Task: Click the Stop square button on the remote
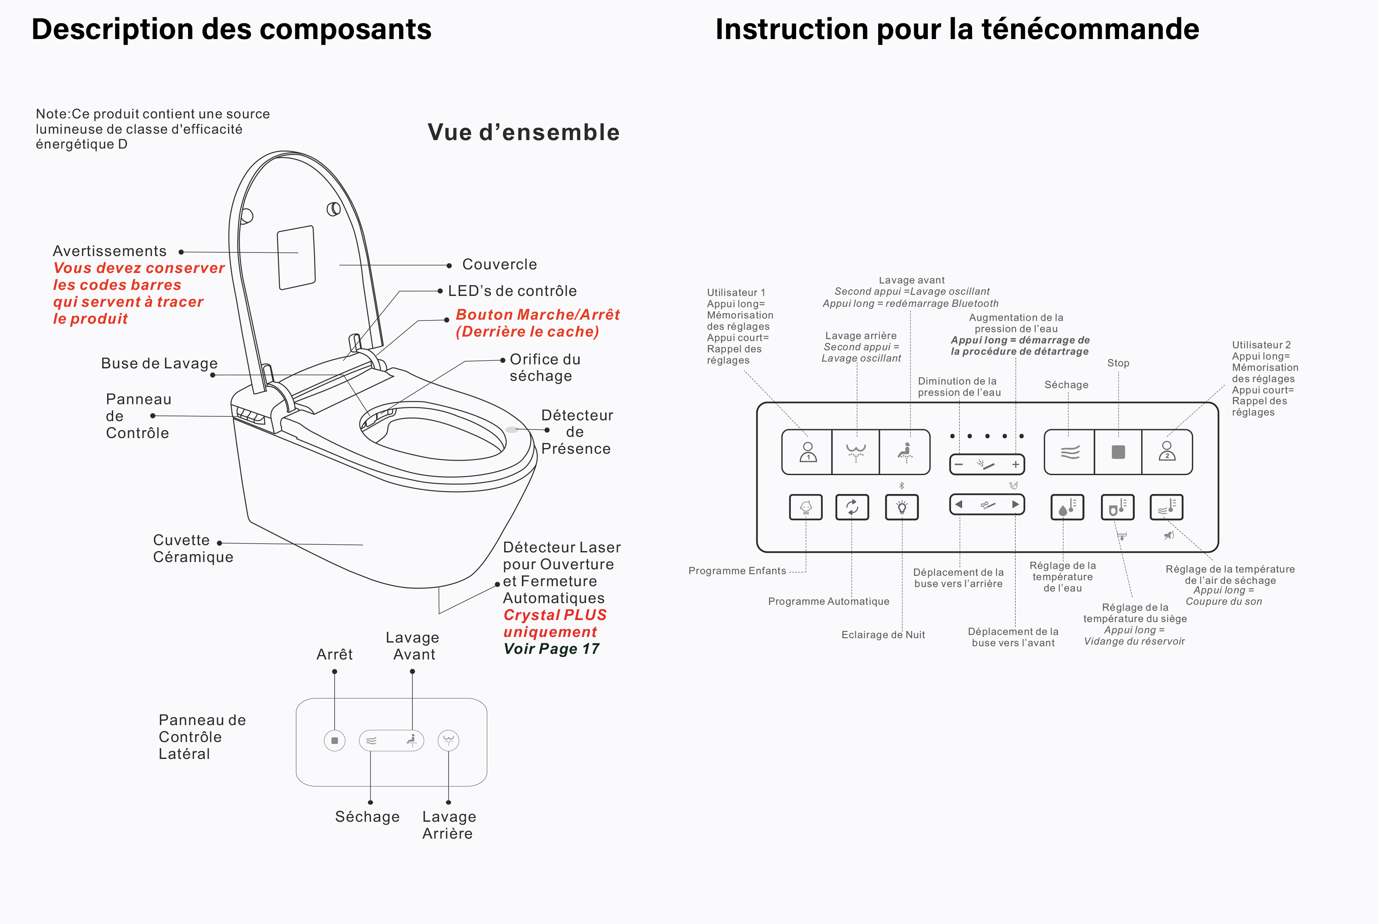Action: point(1118,452)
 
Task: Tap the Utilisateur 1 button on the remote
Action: point(807,452)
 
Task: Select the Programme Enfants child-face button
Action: point(806,507)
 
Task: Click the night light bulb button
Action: point(902,507)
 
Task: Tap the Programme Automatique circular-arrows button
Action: point(852,507)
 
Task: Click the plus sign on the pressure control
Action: point(1016,464)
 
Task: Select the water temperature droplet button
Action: point(1067,507)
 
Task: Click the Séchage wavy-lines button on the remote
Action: point(1070,452)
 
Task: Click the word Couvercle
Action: point(499,265)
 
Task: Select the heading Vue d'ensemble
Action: point(523,132)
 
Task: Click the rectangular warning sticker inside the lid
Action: point(296,258)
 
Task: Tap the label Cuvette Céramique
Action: point(193,549)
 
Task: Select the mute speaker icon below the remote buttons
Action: point(1169,535)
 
